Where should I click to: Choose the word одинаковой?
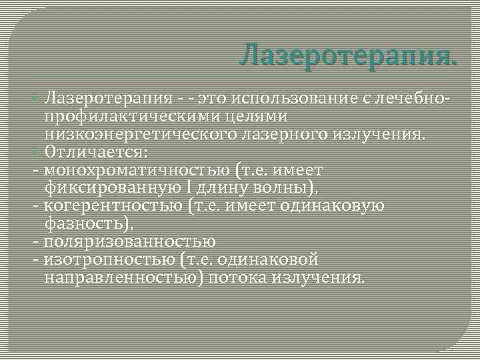point(269,258)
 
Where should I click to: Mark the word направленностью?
point(120,275)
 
